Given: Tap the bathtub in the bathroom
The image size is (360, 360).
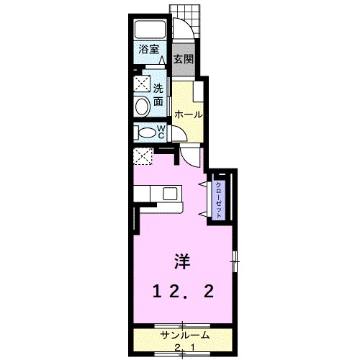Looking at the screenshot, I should click(x=151, y=30).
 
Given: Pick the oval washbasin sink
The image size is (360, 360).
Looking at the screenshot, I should click(x=142, y=107).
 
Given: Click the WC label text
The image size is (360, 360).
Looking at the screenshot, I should click(x=162, y=132).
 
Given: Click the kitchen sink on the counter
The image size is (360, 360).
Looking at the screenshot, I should click(x=170, y=193).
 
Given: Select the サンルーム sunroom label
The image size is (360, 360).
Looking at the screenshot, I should click(x=184, y=336).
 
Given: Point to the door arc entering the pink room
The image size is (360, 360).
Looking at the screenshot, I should click(x=189, y=153).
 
